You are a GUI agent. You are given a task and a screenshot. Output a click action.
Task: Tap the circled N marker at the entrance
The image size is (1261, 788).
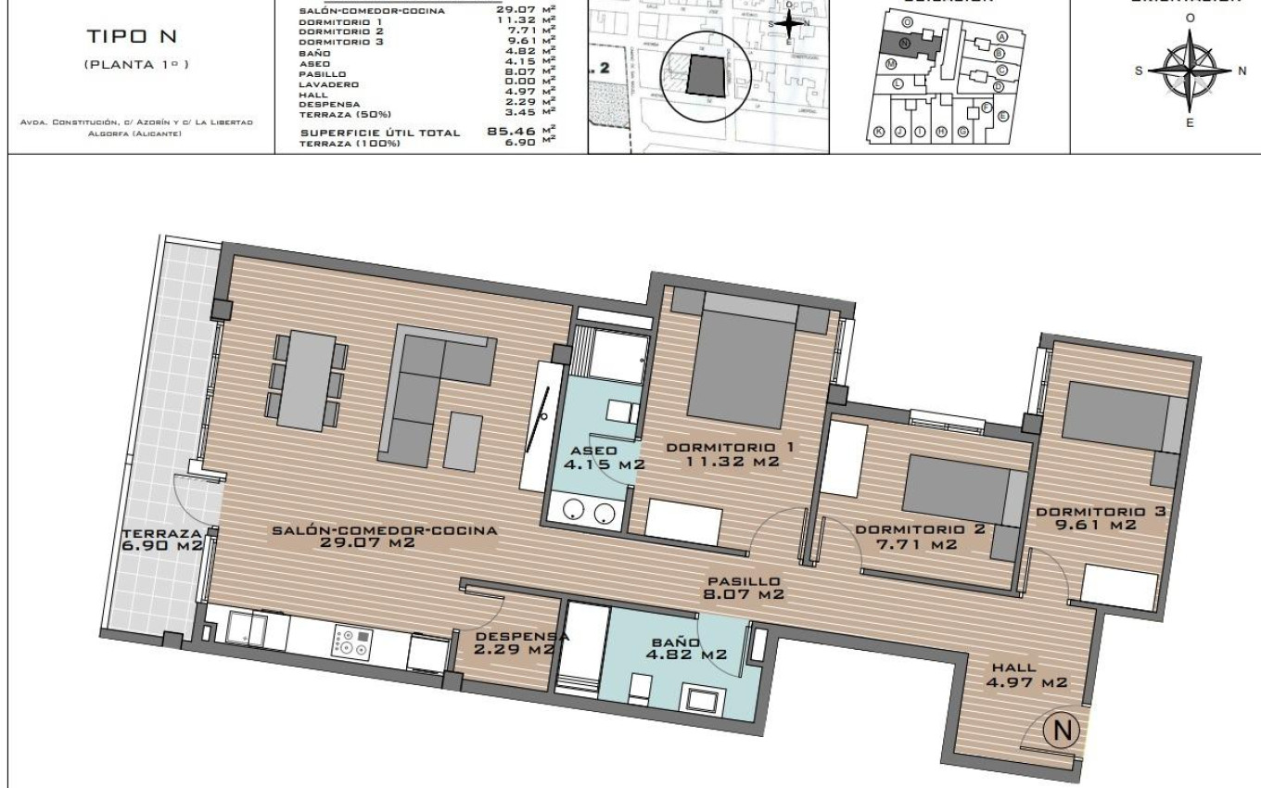pyautogui.click(x=1063, y=731)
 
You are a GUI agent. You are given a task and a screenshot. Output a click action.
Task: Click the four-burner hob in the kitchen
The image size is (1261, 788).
pyautogui.click(x=352, y=642)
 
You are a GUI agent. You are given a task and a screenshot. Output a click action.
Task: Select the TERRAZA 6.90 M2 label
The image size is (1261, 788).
pyautogui.click(x=162, y=540)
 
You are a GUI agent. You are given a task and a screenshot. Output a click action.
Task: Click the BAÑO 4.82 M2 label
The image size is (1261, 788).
pyautogui.click(x=687, y=647)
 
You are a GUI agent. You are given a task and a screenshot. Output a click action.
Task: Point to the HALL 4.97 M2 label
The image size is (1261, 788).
pyautogui.click(x=1026, y=674)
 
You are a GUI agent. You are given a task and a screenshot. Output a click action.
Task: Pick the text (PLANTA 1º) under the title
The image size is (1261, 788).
pyautogui.click(x=136, y=64)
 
